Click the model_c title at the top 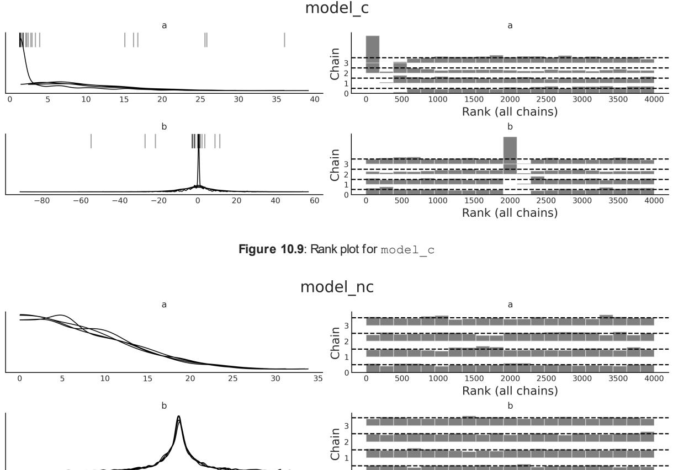point(336,9)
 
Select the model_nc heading point(336,287)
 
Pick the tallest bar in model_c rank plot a point(372,54)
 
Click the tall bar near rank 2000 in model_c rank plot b point(510,155)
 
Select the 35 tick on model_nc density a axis point(317,379)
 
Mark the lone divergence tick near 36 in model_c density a point(284,40)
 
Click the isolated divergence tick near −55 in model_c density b point(91,141)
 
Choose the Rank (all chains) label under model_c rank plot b point(510,212)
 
